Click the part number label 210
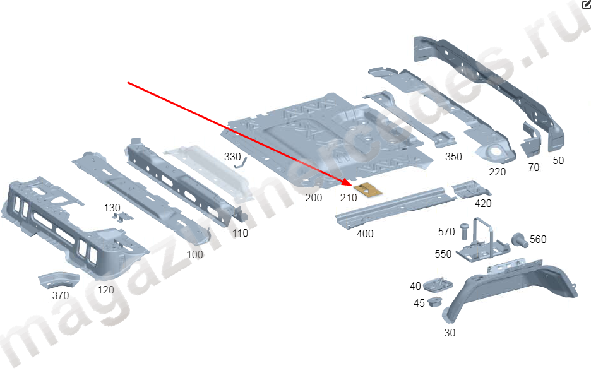tap(349, 198)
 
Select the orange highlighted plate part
tap(369, 189)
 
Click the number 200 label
tap(313, 198)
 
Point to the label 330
tap(232, 156)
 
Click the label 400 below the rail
tap(365, 234)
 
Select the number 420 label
tap(483, 203)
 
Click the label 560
tap(538, 239)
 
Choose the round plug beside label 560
tap(520, 239)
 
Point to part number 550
tap(443, 254)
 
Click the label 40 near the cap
tap(415, 286)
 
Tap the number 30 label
tap(450, 332)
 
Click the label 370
tap(61, 295)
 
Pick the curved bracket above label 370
tap(57, 280)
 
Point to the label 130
tap(112, 208)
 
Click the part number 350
tap(453, 157)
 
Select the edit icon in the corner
tap(585, 5)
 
